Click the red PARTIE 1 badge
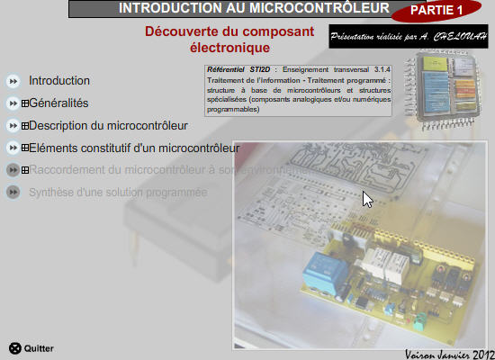point(436,11)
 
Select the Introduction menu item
point(59,80)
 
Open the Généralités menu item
point(58,103)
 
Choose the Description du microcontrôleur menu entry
point(108,125)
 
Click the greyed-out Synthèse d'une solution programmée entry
point(118,192)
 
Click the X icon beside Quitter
point(14,348)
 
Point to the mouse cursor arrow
point(366,198)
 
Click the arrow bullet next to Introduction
point(13,81)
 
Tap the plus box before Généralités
point(24,103)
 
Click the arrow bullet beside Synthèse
point(13,192)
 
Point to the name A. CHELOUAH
point(458,38)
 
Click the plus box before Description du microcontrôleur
point(24,126)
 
